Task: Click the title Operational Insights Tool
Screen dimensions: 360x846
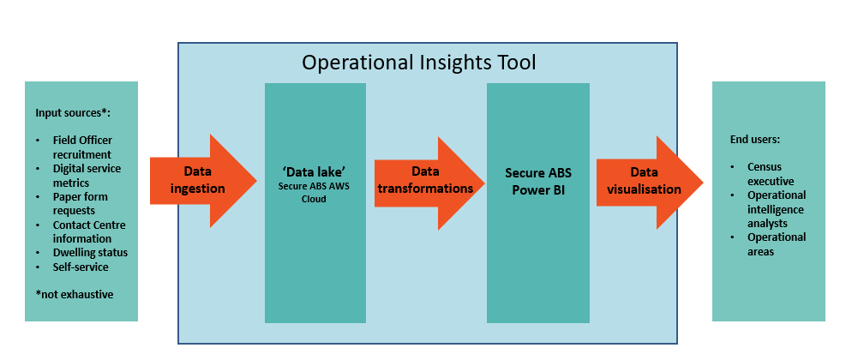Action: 419,63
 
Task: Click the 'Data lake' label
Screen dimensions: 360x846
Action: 315,171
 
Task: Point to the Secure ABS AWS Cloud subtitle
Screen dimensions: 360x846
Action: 315,192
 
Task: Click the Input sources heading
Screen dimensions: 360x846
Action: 73,113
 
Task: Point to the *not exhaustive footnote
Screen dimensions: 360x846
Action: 74,294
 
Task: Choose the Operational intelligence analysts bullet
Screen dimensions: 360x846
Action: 776,208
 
